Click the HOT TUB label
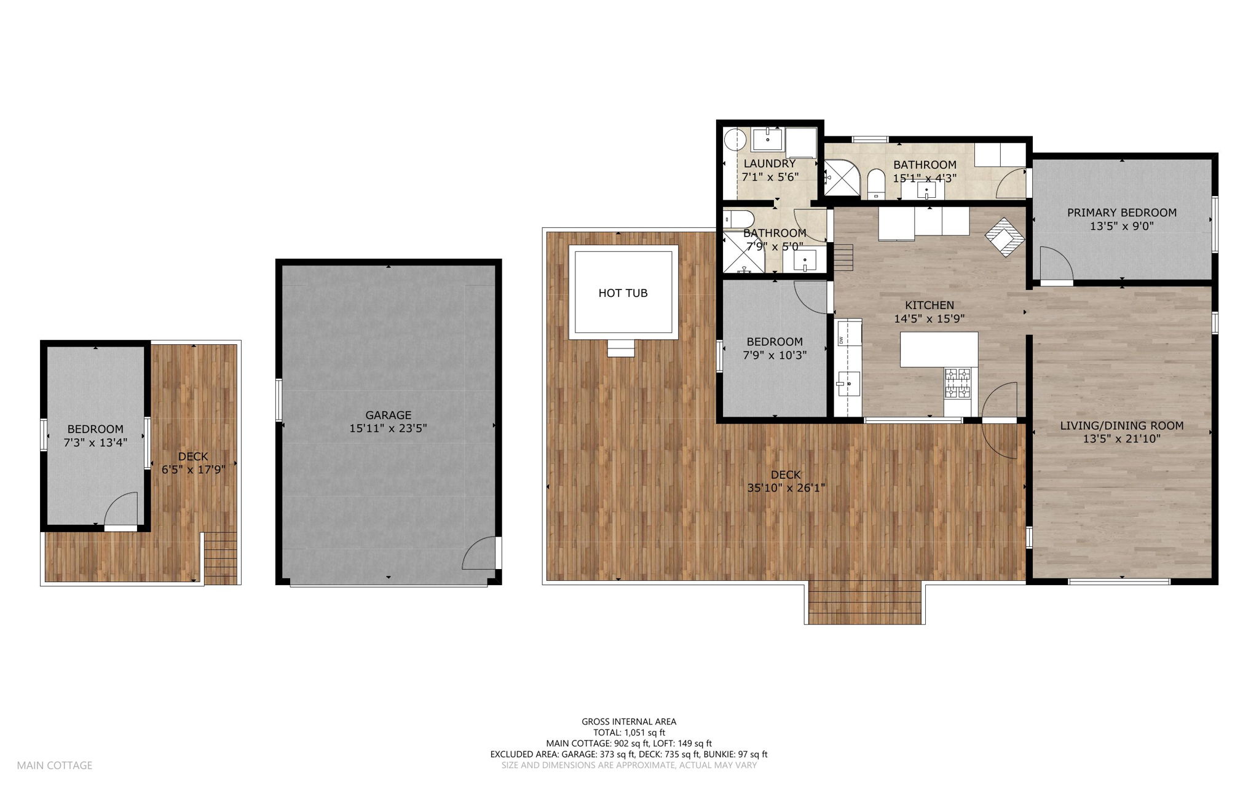[x=623, y=293]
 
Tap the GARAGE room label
[x=388, y=415]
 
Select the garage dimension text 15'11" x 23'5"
[x=388, y=429]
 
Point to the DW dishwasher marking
[x=840, y=340]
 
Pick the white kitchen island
[x=939, y=349]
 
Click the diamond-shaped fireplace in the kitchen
[x=1005, y=237]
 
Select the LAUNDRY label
[x=769, y=163]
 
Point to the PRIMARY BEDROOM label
[x=1121, y=213]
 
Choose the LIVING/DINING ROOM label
[x=1121, y=425]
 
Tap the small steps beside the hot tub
[x=620, y=348]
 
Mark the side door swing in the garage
[x=480, y=554]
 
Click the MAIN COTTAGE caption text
[x=55, y=765]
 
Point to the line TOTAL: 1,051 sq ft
[x=629, y=733]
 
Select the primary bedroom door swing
[x=1055, y=264]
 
